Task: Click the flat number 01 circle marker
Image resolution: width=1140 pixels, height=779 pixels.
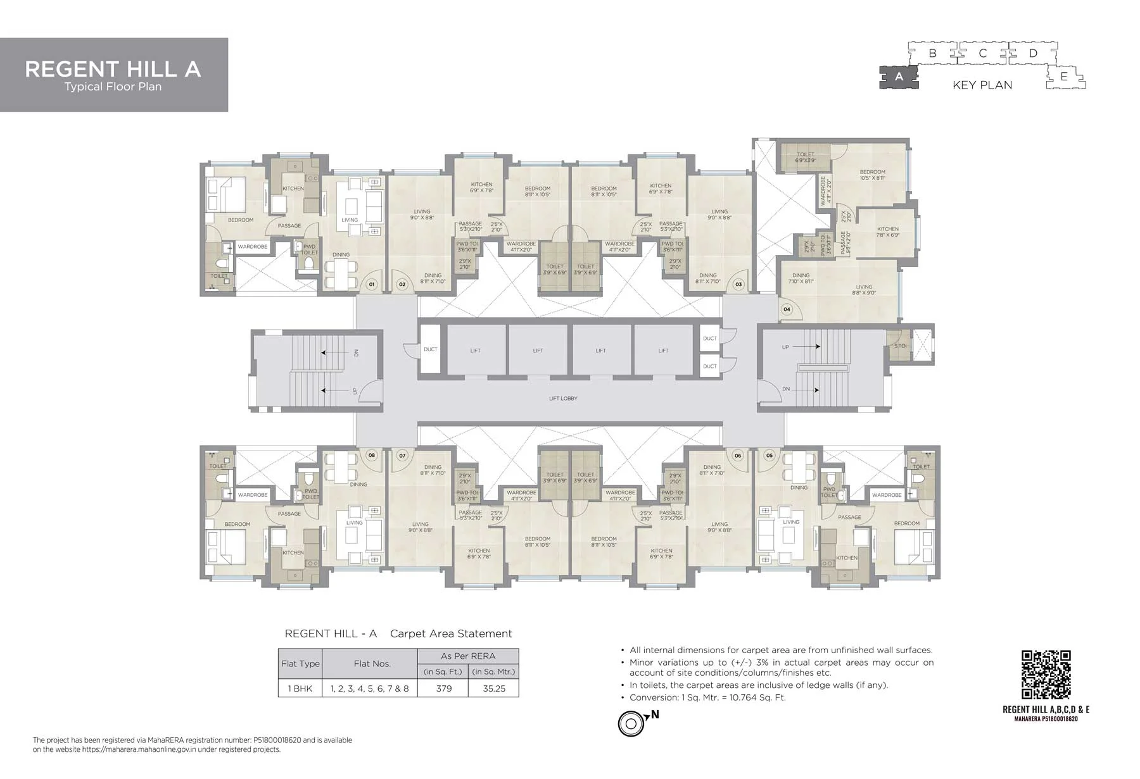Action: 372,284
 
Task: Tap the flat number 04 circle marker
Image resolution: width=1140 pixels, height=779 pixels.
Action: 787,309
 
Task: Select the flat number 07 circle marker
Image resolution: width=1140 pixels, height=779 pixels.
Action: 402,455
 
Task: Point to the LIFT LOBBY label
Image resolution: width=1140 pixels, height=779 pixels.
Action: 563,399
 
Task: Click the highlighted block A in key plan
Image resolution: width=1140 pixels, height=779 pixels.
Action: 898,77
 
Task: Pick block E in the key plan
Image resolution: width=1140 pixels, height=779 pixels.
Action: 1064,77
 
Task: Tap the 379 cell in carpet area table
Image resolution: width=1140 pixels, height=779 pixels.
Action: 443,689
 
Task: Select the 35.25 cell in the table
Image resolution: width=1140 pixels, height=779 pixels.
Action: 494,689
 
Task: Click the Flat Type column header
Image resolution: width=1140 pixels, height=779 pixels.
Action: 300,664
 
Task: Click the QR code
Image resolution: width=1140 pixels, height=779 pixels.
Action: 1046,675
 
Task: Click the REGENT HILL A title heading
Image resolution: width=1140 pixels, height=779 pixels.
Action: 113,69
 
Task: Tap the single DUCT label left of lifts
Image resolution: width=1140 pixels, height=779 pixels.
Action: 430,349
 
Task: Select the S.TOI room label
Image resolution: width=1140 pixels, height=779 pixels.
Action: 900,346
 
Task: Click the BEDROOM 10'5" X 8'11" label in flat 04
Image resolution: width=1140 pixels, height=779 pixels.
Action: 872,175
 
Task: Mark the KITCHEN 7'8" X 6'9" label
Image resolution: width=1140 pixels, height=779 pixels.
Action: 887,232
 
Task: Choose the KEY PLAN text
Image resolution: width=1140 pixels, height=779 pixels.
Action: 982,85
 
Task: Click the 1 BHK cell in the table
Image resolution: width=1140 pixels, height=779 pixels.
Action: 300,689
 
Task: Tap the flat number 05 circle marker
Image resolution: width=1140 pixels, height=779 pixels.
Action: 769,455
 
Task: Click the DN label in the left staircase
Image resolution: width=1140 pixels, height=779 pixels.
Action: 356,353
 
